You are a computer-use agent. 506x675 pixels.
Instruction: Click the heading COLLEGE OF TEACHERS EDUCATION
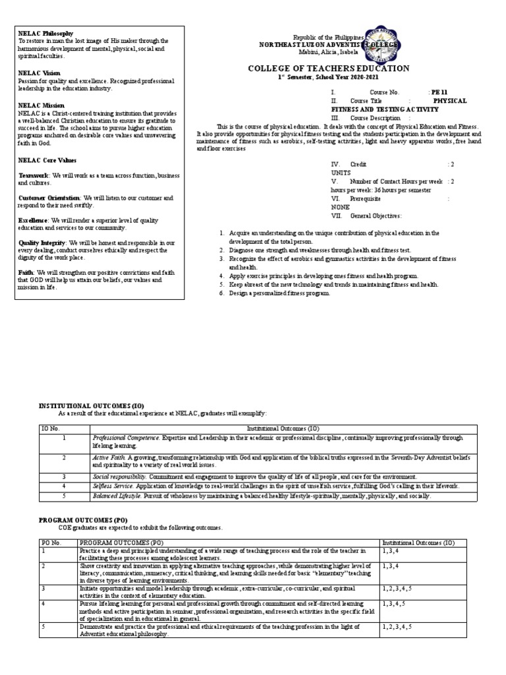[x=328, y=69]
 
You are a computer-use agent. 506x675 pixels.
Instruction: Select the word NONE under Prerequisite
[x=341, y=206]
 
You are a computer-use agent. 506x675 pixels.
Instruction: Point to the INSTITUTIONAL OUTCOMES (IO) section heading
[x=92, y=405]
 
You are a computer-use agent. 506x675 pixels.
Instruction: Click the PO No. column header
[x=51, y=542]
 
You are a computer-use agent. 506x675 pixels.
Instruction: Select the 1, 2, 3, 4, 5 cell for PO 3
[x=398, y=588]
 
